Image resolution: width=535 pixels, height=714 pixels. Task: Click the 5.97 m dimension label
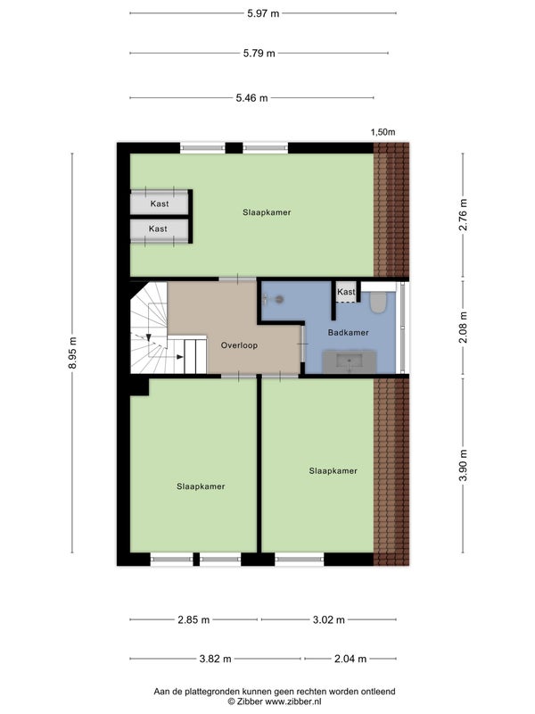pyautogui.click(x=263, y=13)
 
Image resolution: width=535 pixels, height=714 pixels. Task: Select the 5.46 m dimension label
pyautogui.click(x=251, y=97)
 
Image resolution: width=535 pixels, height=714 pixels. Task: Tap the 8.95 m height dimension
pyautogui.click(x=72, y=353)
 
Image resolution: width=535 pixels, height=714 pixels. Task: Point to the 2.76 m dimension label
pyautogui.click(x=463, y=215)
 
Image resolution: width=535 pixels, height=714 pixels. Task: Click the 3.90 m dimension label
pyautogui.click(x=463, y=465)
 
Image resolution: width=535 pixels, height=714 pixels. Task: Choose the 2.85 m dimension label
pyautogui.click(x=193, y=619)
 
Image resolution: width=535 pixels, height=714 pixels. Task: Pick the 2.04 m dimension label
pyautogui.click(x=350, y=659)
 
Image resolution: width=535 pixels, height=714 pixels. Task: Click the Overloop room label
pyautogui.click(x=239, y=345)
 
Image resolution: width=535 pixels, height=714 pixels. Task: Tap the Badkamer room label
pyautogui.click(x=348, y=332)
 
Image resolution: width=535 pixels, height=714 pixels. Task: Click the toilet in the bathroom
pyautogui.click(x=377, y=301)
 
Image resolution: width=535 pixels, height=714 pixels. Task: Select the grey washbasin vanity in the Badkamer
pyautogui.click(x=350, y=362)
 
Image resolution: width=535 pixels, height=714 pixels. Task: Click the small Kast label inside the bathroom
pyautogui.click(x=346, y=292)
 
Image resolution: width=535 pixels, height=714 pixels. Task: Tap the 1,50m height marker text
pyautogui.click(x=383, y=132)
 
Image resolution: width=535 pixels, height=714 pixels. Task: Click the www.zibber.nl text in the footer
pyautogui.click(x=293, y=702)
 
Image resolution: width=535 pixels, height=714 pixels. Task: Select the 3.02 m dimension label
pyautogui.click(x=328, y=619)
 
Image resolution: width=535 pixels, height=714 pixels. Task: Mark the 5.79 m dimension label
pyautogui.click(x=259, y=54)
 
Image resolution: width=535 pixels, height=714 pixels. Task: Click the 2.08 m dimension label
pyautogui.click(x=463, y=327)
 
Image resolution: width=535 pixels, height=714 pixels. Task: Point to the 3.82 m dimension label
pyautogui.click(x=215, y=659)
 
